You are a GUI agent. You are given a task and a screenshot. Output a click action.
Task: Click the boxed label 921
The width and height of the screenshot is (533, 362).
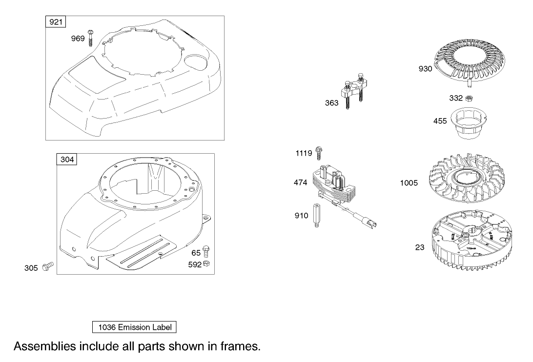coord(56,22)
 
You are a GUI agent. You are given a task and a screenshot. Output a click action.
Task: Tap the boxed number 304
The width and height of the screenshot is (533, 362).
coord(67,160)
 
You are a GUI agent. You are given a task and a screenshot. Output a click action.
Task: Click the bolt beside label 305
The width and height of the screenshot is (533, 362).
coord(48,266)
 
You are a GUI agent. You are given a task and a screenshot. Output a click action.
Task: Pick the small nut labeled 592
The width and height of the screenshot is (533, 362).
coord(206,264)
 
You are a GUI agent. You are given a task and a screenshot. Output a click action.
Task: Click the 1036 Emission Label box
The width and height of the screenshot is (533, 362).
coord(135,327)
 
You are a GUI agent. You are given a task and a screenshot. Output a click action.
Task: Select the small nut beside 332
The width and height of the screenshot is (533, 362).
coord(469,98)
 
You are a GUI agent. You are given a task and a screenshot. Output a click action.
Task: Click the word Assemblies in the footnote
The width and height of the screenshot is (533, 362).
coord(44,346)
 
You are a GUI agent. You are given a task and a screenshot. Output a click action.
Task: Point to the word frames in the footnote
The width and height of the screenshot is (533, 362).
coord(239,346)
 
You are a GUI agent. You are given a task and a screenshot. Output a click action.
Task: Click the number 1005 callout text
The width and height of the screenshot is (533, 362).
coord(409,183)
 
